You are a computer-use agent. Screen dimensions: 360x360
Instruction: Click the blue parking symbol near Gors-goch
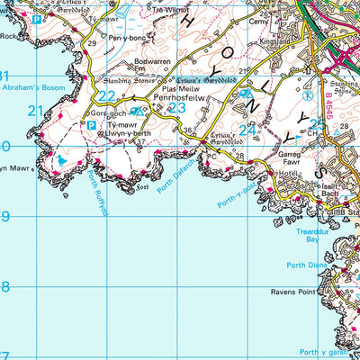(92, 126)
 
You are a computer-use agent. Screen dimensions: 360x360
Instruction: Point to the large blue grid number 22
(107, 96)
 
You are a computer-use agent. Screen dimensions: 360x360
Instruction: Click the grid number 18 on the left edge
(4, 287)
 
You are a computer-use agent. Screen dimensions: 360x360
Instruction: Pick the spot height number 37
(140, 141)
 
